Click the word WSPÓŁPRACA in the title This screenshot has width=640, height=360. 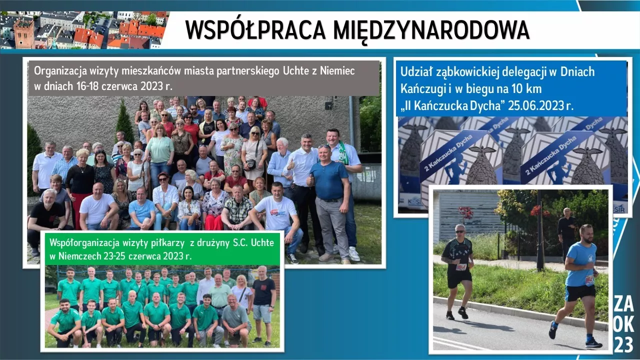255,30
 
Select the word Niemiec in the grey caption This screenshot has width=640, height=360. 337,71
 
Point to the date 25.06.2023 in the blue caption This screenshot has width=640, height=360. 536,105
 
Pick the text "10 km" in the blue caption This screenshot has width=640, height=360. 526,89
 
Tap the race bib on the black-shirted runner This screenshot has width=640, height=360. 461,267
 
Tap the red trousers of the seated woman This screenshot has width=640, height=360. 213,222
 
